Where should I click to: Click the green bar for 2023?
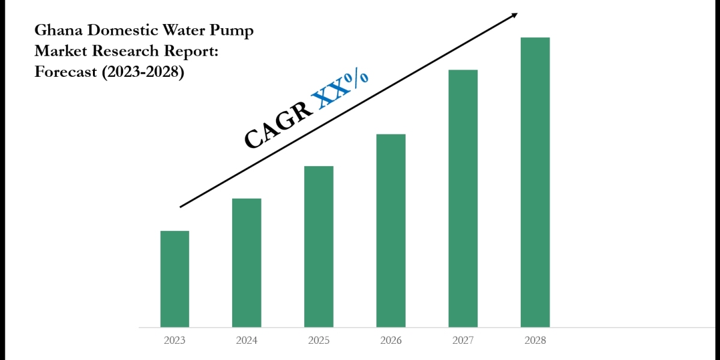pyautogui.click(x=175, y=279)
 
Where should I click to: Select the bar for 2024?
pyautogui.click(x=247, y=263)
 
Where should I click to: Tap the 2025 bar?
pyautogui.click(x=319, y=247)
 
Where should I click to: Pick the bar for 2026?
pyautogui.click(x=391, y=230)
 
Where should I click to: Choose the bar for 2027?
pyautogui.click(x=463, y=199)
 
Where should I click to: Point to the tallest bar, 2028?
pyautogui.click(x=535, y=182)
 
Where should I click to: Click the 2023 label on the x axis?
pyautogui.click(x=175, y=341)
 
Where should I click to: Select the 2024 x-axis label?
pyautogui.click(x=247, y=341)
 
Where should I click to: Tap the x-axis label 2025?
pyautogui.click(x=319, y=341)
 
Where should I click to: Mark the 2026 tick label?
pyautogui.click(x=391, y=341)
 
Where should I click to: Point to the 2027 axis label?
pyautogui.click(x=463, y=341)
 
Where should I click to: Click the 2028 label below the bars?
pyautogui.click(x=535, y=341)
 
